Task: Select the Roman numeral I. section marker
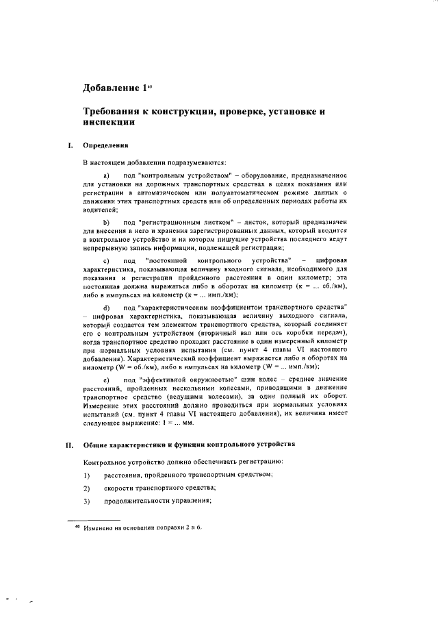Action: tap(69, 145)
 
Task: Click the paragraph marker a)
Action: tap(106, 178)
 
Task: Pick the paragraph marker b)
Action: tap(106, 223)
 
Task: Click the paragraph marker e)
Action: tap(106, 379)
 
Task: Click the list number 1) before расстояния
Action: tap(87, 475)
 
